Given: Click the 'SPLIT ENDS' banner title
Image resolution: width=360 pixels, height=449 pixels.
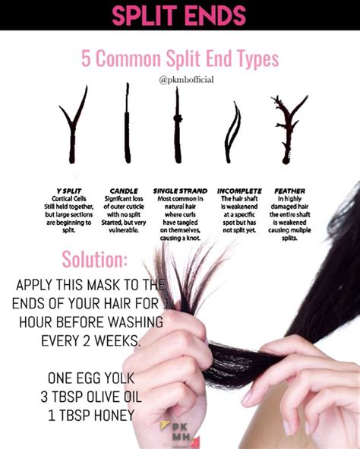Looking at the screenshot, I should (180, 15).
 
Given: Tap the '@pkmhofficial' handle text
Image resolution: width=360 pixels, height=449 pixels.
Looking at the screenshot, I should (180, 79).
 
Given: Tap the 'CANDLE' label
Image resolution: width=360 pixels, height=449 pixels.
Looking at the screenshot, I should (124, 191).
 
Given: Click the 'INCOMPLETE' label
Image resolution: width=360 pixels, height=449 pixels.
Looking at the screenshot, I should (239, 191).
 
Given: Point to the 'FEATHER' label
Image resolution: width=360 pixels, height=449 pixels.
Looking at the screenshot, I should (289, 191).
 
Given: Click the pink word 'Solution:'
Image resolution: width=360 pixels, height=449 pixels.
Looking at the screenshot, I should (95, 259).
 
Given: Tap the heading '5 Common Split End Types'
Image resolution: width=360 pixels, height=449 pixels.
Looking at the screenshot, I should (180, 58).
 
